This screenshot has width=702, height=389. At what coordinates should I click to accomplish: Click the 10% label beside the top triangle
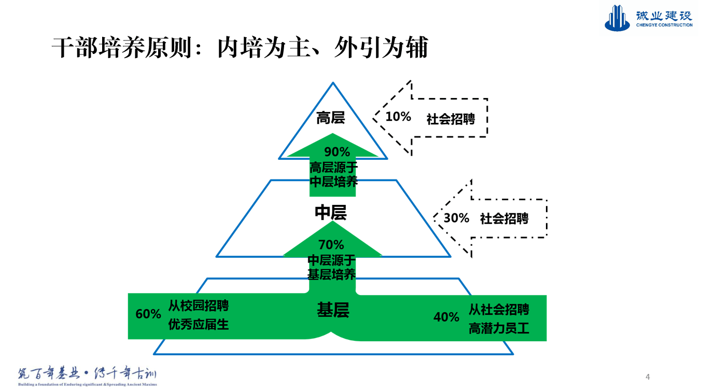pos(398,117)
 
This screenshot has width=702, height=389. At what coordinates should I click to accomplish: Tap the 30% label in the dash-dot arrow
pos(456,218)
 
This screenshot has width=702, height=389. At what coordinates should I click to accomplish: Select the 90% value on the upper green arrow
pos(337,152)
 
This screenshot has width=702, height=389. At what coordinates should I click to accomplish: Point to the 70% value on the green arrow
pos(331,244)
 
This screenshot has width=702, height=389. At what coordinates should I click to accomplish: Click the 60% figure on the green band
pos(148,314)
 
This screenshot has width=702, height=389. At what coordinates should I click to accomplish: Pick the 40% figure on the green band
pos(446,317)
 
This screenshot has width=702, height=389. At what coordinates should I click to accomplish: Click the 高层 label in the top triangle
pos(331,118)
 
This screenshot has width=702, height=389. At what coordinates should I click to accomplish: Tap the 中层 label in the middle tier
pos(331,213)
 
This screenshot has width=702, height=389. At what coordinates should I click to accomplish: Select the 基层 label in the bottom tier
pos(333,310)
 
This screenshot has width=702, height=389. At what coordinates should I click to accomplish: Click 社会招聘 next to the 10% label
pos(451,119)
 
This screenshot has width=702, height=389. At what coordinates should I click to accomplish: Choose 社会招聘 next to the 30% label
pos(504,219)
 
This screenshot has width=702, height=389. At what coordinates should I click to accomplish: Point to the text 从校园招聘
pos(199,306)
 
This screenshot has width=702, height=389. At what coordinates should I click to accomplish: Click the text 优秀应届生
pos(199,325)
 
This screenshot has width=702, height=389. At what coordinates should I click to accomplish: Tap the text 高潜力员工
pos(499,328)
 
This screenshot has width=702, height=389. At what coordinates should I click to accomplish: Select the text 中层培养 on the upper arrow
pos(333,182)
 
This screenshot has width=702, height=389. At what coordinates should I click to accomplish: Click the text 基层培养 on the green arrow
pos(332,274)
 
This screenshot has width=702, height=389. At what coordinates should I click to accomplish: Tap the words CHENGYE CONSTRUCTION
pos(664,25)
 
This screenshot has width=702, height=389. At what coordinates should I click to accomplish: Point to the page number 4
pos(648,377)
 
